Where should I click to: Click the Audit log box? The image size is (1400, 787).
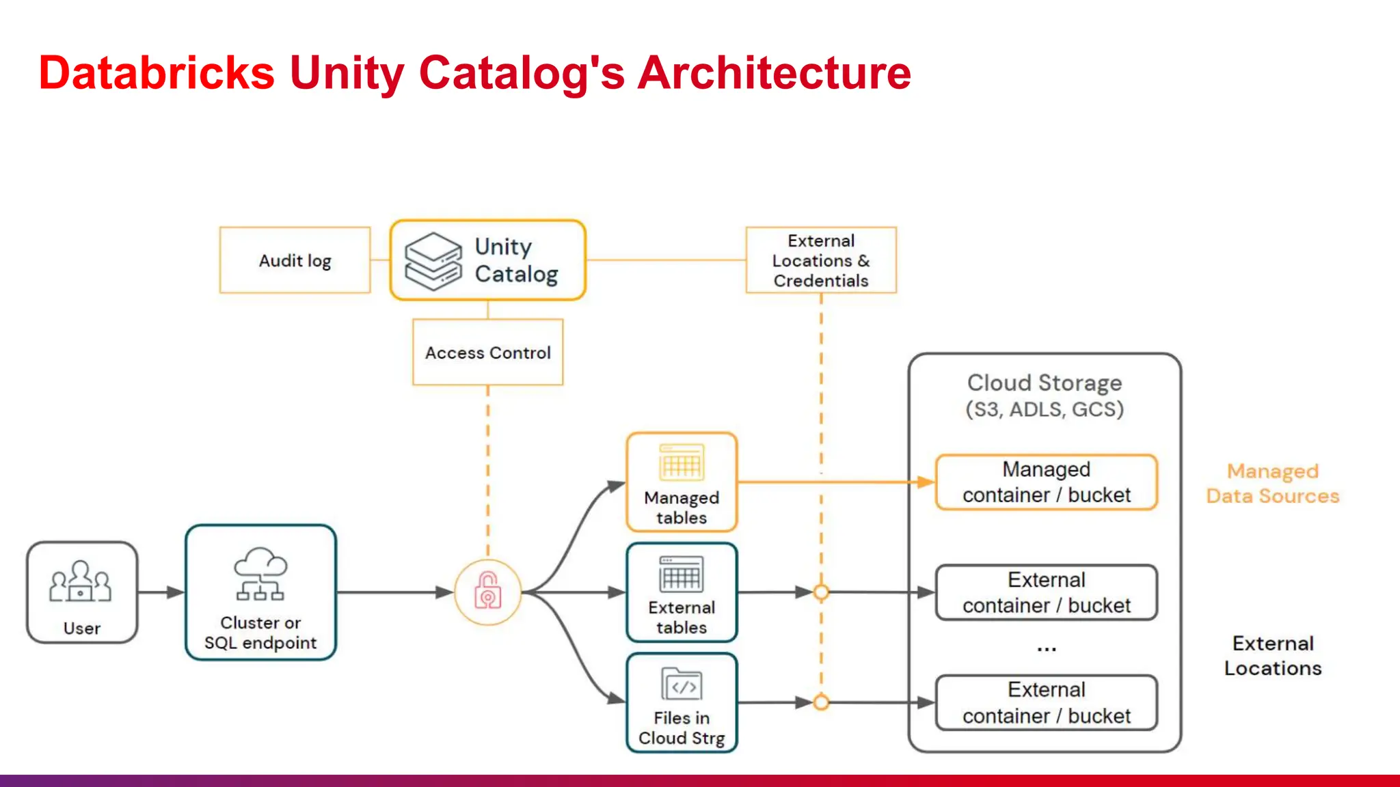(295, 260)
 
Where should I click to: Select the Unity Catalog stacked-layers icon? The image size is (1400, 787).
(433, 261)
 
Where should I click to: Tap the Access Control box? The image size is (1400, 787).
(487, 353)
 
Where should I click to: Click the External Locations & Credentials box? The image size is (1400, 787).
(820, 260)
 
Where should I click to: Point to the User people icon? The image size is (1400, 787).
(81, 582)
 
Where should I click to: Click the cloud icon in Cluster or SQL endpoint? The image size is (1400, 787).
(260, 564)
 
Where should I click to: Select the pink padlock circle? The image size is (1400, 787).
(487, 592)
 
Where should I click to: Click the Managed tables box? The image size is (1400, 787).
(682, 482)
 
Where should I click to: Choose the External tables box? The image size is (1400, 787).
(682, 592)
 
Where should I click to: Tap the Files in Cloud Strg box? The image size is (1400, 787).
(682, 703)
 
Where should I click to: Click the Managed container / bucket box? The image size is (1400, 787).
(1046, 482)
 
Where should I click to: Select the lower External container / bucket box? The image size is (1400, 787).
(1046, 703)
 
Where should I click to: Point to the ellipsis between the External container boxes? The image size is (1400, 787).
(1046, 648)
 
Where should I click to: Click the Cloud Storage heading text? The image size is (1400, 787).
(1044, 383)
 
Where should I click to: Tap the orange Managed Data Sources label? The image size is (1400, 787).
(1272, 483)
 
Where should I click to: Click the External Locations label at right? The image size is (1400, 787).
(1272, 655)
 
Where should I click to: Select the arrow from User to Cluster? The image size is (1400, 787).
(161, 592)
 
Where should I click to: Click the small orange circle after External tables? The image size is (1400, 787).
(821, 592)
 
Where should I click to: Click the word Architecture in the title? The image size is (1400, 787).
(774, 72)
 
